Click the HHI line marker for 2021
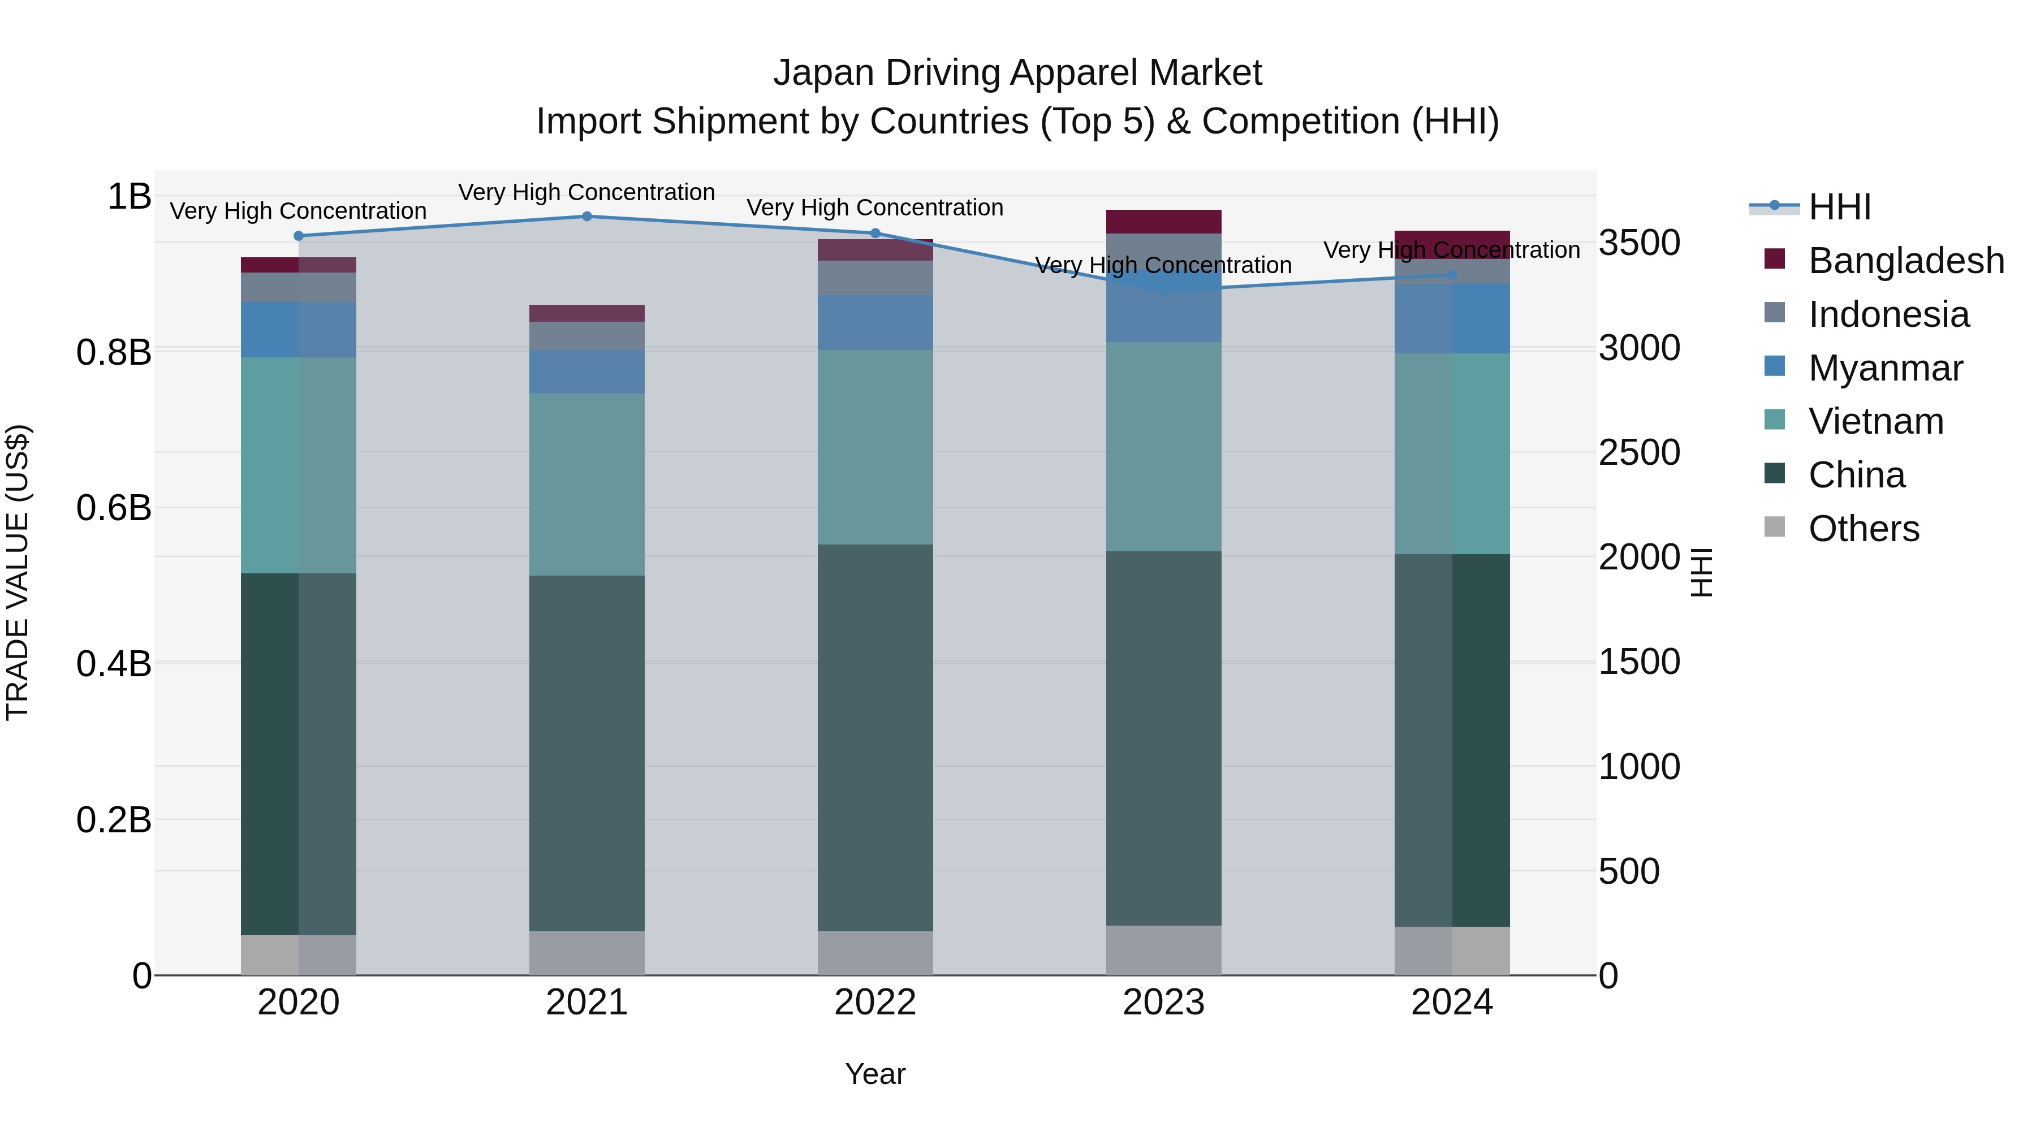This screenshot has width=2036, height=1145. pyautogui.click(x=586, y=217)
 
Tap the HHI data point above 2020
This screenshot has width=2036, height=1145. pyautogui.click(x=299, y=235)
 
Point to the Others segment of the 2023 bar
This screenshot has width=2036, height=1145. pyautogui.click(x=1163, y=950)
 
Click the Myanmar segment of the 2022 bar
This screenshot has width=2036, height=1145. pyautogui.click(x=875, y=322)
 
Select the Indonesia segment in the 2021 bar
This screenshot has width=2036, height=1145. pyautogui.click(x=586, y=335)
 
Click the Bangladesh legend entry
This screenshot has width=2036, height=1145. pyautogui.click(x=1905, y=261)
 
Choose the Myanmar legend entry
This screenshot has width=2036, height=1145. pyautogui.click(x=1885, y=368)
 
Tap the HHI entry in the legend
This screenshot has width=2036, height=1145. pyautogui.click(x=1839, y=207)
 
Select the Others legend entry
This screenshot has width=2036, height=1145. pyautogui.click(x=1863, y=529)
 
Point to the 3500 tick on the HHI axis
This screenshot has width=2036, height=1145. pyautogui.click(x=1639, y=243)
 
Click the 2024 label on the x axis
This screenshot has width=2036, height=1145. pyautogui.click(x=1452, y=1003)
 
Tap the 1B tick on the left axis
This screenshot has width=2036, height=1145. pyautogui.click(x=129, y=196)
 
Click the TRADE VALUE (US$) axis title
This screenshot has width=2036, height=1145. pyautogui.click(x=18, y=572)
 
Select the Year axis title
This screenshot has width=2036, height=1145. pyautogui.click(x=875, y=1074)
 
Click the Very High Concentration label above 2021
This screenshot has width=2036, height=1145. pyautogui.click(x=586, y=192)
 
